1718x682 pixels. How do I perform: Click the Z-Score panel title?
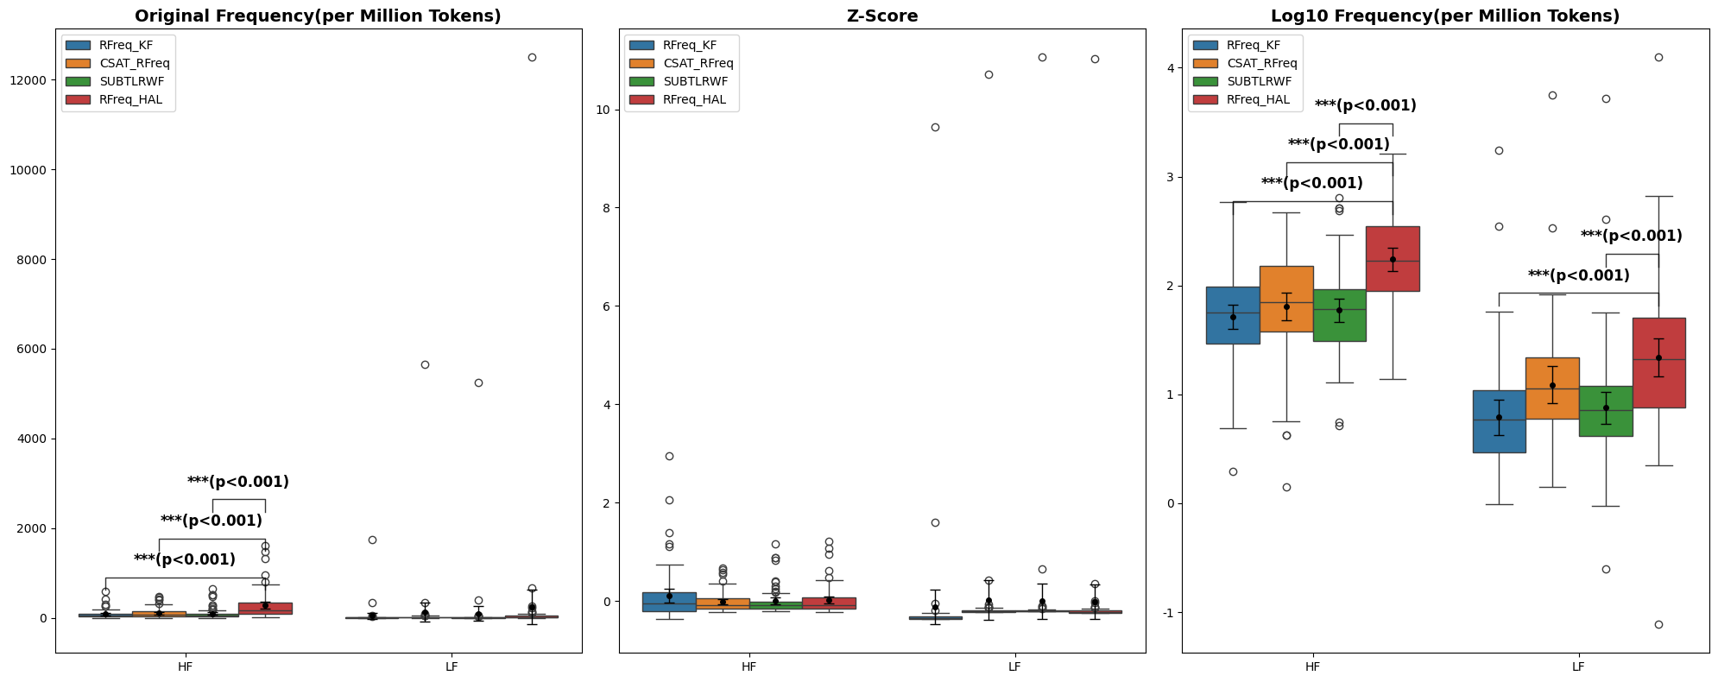(x=882, y=16)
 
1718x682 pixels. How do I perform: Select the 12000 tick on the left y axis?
(x=31, y=80)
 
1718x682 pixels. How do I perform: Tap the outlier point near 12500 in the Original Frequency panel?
(x=532, y=57)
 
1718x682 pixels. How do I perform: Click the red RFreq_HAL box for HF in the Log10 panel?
(x=1392, y=258)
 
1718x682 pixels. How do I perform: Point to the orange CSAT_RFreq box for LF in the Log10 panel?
(x=1552, y=388)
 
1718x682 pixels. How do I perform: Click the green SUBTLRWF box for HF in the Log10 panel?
(x=1339, y=315)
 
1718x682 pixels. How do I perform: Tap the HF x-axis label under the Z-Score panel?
(x=748, y=666)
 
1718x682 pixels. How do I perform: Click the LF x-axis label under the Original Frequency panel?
(x=452, y=666)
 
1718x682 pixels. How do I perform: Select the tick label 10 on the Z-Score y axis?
(x=604, y=110)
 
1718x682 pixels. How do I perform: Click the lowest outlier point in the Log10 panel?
(x=1658, y=624)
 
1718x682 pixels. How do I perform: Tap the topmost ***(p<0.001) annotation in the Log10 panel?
(x=1365, y=105)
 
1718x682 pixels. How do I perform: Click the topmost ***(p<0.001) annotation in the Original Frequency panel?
(x=237, y=482)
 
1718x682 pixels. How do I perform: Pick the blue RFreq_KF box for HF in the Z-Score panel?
(x=669, y=602)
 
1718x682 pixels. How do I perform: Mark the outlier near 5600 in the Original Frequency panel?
(x=425, y=364)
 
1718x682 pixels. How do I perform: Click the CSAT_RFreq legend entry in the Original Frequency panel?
(x=134, y=63)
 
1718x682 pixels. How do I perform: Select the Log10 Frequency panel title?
(x=1444, y=16)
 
